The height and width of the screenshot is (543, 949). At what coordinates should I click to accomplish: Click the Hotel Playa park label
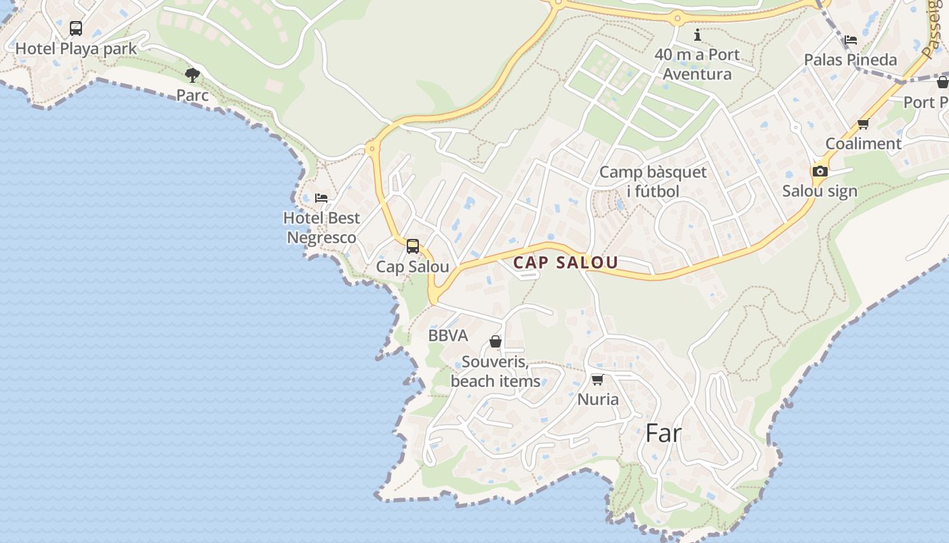coord(76,49)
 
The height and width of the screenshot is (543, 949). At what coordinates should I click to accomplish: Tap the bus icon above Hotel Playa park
coord(76,29)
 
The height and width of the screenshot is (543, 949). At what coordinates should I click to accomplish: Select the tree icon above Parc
coord(193,75)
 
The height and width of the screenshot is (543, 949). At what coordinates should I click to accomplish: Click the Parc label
coord(193,95)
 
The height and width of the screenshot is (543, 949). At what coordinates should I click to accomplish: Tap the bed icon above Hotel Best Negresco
coord(321,198)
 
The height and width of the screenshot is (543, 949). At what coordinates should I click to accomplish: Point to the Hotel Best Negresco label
coord(321,227)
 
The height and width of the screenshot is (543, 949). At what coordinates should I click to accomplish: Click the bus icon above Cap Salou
coord(413,246)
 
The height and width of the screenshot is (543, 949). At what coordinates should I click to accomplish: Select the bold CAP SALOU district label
coord(565,263)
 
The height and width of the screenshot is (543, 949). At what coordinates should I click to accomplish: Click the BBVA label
coord(448,335)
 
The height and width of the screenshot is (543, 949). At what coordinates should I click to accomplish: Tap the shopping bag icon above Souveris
coord(496,341)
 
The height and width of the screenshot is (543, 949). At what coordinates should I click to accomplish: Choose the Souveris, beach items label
coord(496,371)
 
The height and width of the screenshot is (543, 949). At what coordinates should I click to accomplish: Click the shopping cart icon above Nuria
coord(597,379)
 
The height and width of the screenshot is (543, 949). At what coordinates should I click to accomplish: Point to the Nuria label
coord(597,399)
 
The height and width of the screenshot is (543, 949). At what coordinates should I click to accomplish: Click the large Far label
coord(663,433)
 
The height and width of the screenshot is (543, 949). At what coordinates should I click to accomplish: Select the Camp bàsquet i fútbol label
coord(653,182)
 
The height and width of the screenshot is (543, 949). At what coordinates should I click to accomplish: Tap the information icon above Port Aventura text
coord(697,35)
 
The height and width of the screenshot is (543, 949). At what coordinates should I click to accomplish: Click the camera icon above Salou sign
coord(820,171)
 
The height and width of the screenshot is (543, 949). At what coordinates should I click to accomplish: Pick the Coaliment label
coord(863,144)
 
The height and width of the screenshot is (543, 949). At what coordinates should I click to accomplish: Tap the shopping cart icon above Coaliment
coord(863,124)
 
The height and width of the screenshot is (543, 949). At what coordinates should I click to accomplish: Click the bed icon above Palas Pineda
coord(851,40)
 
